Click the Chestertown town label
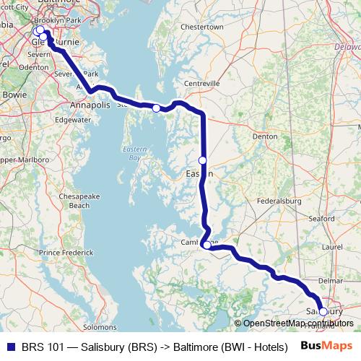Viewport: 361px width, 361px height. pos(202,27)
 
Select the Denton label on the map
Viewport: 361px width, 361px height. pos(265,136)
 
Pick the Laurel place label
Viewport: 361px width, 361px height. pos(332,246)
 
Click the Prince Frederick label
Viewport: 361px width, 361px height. pos(66,253)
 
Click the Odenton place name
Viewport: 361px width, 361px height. pos(34,66)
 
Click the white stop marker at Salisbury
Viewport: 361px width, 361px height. pos(323,312)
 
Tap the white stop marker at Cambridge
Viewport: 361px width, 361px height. pos(207,245)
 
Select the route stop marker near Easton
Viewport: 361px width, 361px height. pos(203,160)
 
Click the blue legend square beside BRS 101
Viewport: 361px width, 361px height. pos(10,347)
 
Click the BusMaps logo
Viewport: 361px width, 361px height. pos(326,346)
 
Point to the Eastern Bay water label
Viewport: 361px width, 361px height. pos(134,153)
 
